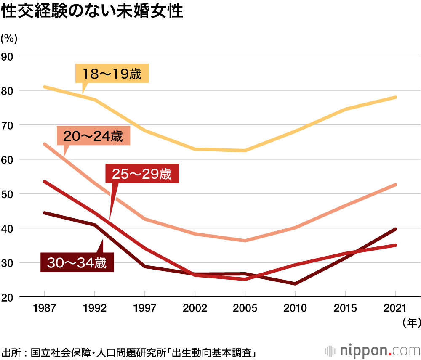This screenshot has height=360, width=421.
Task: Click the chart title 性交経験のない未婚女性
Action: (x=93, y=12)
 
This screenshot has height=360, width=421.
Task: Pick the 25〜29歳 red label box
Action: (x=142, y=174)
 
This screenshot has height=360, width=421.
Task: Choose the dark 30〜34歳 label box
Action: (x=77, y=263)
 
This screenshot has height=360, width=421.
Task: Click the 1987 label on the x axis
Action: (x=44, y=308)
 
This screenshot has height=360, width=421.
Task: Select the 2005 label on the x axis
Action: (x=245, y=308)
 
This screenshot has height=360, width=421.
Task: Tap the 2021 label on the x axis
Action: (x=396, y=308)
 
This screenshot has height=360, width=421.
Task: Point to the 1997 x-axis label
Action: (x=145, y=308)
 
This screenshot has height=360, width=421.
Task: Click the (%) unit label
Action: (x=9, y=38)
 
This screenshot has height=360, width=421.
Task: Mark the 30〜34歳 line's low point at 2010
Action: (x=295, y=284)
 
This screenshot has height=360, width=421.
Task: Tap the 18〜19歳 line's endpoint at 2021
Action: (x=396, y=97)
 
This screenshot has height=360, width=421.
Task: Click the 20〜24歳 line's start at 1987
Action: (x=44, y=144)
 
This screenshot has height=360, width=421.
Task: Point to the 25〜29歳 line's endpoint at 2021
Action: (x=396, y=245)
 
